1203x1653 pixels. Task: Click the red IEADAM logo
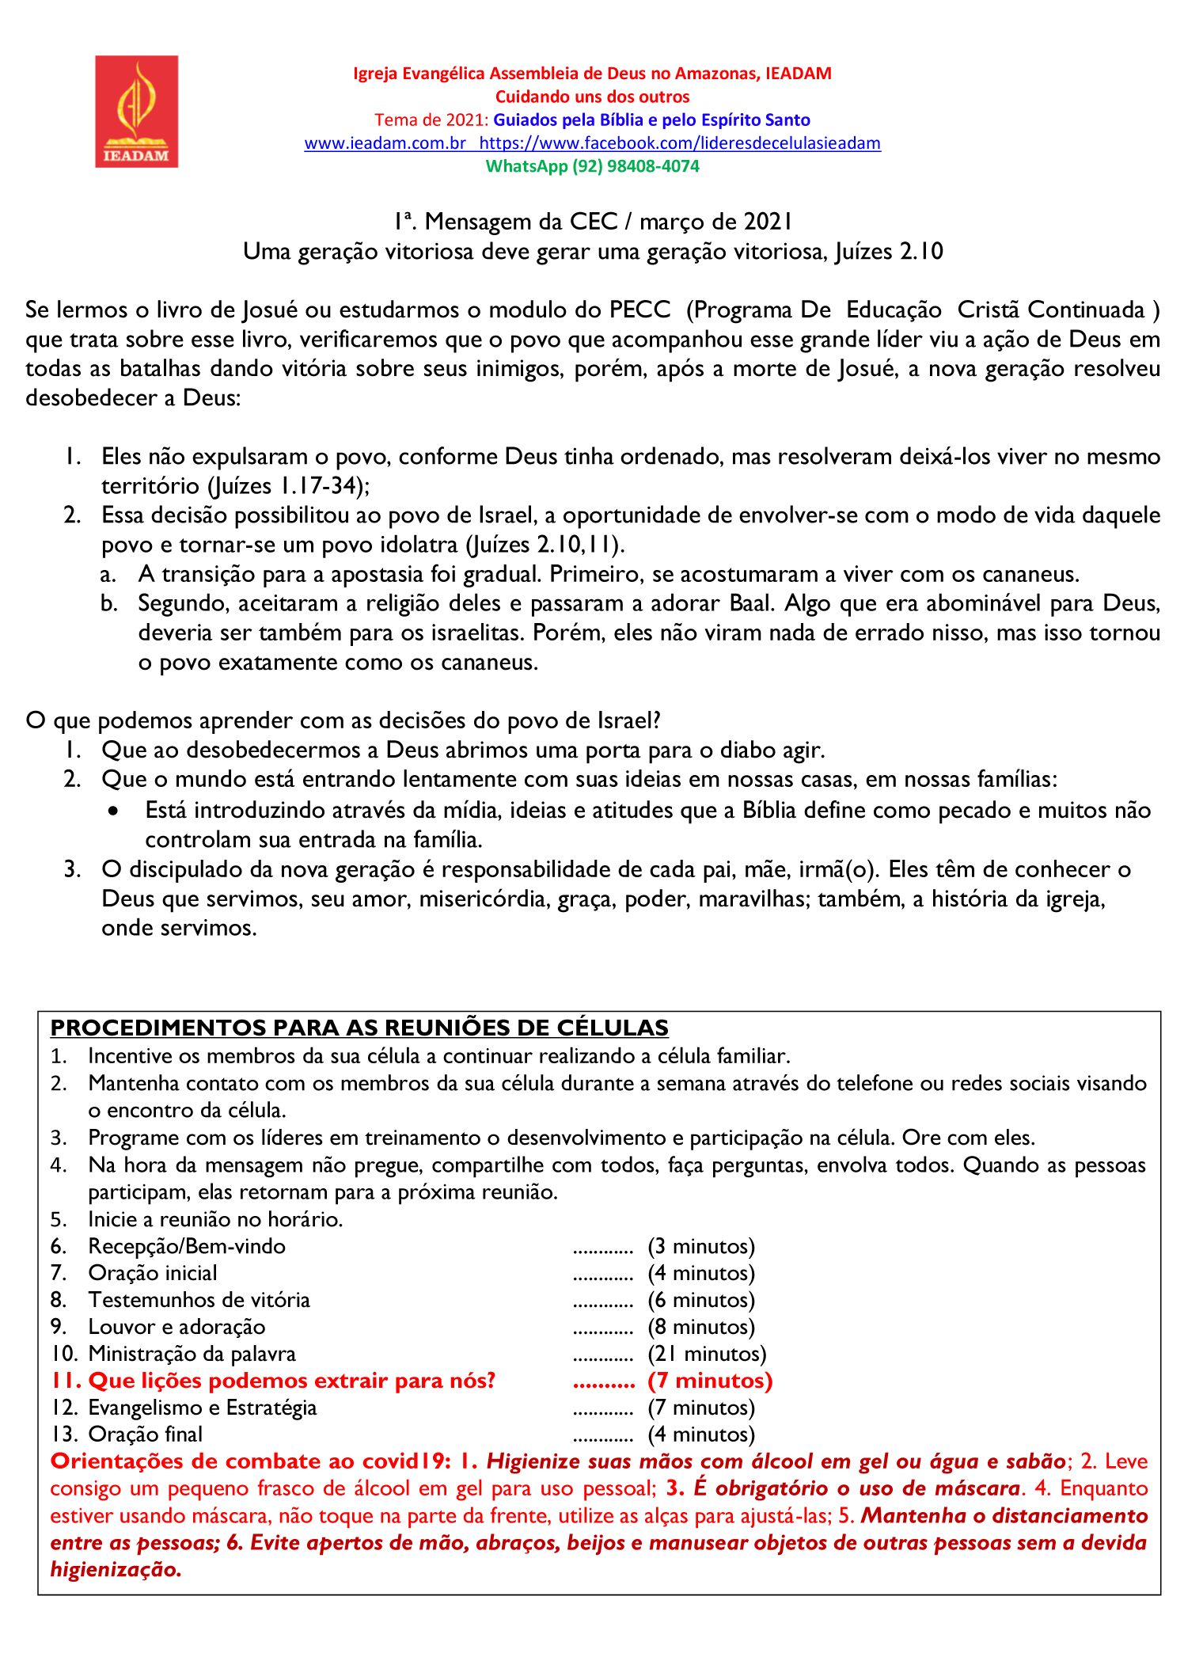tap(137, 111)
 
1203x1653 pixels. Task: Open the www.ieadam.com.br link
tap(385, 143)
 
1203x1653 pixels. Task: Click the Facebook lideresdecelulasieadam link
tap(680, 143)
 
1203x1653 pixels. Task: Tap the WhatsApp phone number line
tap(592, 166)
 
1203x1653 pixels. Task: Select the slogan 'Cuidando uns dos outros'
tap(592, 97)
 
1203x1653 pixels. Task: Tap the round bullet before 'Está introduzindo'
tap(116, 811)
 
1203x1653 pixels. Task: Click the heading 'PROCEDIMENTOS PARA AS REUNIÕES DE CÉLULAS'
tap(359, 1028)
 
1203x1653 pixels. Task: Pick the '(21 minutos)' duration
tap(707, 1354)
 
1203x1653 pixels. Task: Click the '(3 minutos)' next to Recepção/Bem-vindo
tap(701, 1246)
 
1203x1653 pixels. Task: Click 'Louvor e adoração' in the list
tap(176, 1327)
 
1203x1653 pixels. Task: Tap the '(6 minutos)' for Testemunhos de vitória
tap(701, 1300)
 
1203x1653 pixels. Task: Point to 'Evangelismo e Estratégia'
tap(203, 1408)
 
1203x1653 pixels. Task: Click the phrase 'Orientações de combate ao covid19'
tap(249, 1461)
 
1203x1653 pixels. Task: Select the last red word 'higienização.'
tap(116, 1569)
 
